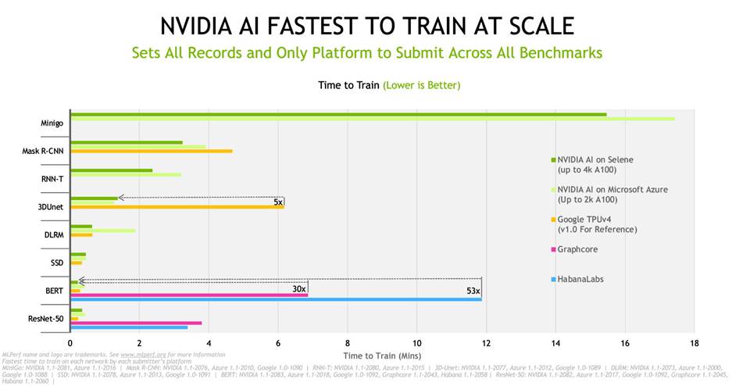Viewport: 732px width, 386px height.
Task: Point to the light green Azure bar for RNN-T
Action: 126,175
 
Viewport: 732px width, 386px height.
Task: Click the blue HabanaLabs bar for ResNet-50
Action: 129,327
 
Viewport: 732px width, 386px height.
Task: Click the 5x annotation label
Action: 278,202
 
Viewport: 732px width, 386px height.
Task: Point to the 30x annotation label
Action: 298,288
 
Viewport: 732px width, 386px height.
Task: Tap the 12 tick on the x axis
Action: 486,341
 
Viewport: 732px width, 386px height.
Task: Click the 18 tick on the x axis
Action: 694,341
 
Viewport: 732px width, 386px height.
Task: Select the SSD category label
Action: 57,263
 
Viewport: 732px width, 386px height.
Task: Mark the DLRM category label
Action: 53,234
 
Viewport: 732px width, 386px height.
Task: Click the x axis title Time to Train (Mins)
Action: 381,356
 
